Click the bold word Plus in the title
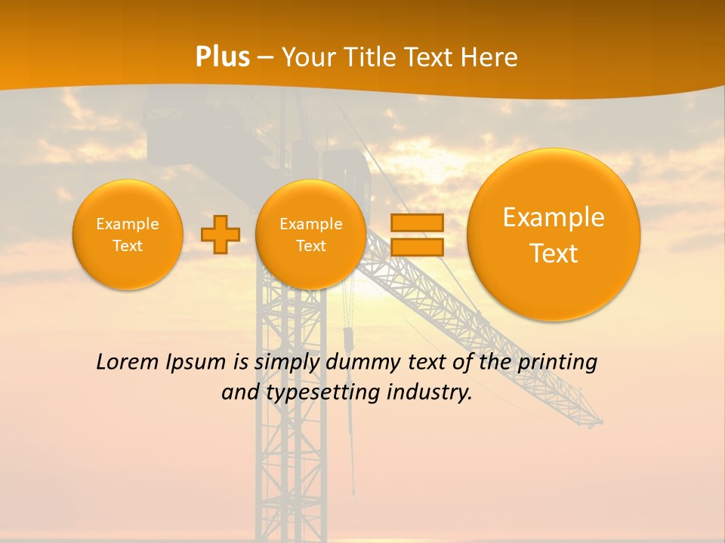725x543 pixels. click(x=222, y=57)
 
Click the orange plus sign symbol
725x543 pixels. click(x=220, y=235)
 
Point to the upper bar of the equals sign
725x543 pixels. click(x=417, y=222)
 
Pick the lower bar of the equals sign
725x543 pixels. click(x=417, y=247)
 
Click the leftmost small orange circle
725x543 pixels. click(x=128, y=234)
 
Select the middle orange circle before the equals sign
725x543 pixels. click(x=310, y=234)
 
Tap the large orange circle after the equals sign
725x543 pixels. click(x=554, y=235)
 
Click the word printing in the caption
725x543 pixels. click(x=557, y=363)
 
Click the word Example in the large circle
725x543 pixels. click(x=554, y=217)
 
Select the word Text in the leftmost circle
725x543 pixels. click(x=128, y=246)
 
